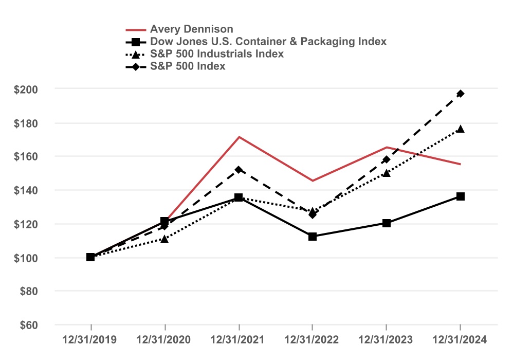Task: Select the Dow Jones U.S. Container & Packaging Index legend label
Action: click(x=268, y=41)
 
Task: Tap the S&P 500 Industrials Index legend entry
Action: click(x=216, y=53)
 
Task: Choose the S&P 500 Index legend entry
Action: click(x=188, y=66)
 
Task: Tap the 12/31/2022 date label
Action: click(x=313, y=340)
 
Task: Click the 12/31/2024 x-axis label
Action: click(x=460, y=340)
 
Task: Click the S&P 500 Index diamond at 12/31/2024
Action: click(x=461, y=94)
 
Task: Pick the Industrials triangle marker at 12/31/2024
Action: click(x=461, y=129)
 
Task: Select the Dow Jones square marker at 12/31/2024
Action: click(x=461, y=196)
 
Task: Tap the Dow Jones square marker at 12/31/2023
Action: click(x=387, y=223)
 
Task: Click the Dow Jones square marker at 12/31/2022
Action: click(x=313, y=237)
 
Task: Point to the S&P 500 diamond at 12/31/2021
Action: click(x=239, y=169)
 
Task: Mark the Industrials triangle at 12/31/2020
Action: click(x=164, y=239)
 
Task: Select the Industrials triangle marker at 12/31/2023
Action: click(x=387, y=173)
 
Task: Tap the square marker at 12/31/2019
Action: click(x=90, y=257)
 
